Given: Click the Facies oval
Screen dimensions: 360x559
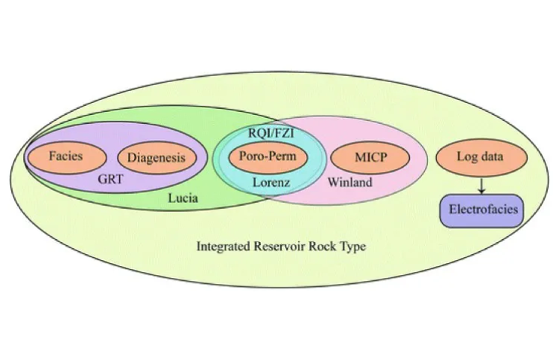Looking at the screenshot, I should (65, 157).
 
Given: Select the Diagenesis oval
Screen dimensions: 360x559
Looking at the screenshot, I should (157, 157).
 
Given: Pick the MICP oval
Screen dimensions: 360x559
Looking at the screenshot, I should (370, 157).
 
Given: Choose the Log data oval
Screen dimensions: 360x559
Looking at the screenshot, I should (481, 157).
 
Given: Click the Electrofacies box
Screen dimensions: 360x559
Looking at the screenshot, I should (481, 210).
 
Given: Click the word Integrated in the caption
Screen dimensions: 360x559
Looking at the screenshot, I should (224, 246).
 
